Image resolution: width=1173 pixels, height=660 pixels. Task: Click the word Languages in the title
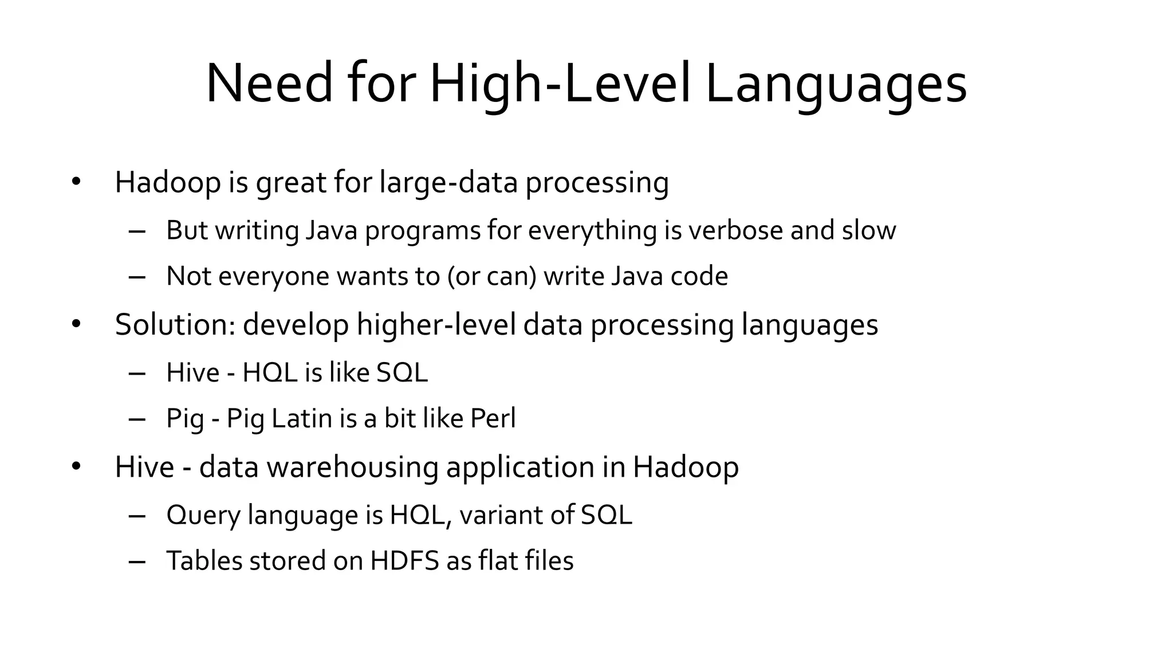pyautogui.click(x=836, y=85)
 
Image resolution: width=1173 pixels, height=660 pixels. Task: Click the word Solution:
pyautogui.click(x=175, y=324)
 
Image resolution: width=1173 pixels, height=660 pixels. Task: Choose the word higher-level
pyautogui.click(x=436, y=324)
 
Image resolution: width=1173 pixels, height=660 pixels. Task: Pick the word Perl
pyautogui.click(x=493, y=418)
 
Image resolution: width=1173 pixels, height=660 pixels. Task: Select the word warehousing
pyautogui.click(x=352, y=467)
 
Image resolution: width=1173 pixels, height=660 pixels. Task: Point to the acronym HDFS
pyautogui.click(x=404, y=560)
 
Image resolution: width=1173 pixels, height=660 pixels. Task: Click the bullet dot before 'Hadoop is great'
pyautogui.click(x=76, y=182)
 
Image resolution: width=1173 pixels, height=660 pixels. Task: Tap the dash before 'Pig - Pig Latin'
pyautogui.click(x=137, y=419)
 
